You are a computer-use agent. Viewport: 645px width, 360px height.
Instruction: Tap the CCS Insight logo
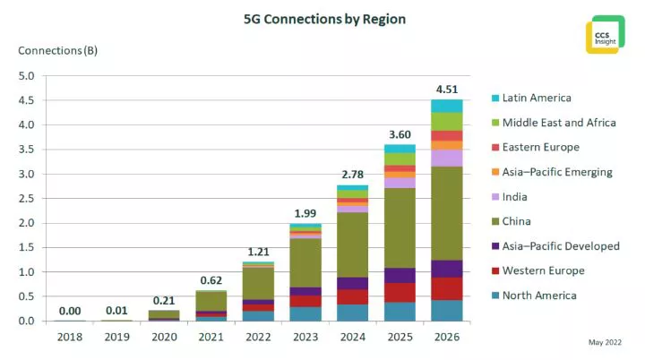click(605, 34)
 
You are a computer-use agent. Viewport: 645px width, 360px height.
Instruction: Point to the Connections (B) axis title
click(58, 50)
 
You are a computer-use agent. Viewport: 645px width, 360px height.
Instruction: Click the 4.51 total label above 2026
click(448, 88)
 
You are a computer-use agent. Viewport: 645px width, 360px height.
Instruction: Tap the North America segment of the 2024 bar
click(353, 313)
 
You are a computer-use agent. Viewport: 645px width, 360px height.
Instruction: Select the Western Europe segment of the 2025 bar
click(400, 292)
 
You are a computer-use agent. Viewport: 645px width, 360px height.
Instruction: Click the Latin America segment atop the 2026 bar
click(448, 106)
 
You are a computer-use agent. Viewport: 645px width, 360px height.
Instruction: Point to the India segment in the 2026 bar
click(448, 158)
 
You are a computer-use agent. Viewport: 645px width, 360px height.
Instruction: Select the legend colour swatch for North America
click(494, 295)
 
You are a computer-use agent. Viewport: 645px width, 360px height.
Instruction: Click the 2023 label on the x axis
click(305, 337)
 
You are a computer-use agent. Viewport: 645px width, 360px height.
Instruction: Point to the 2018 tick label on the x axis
click(71, 337)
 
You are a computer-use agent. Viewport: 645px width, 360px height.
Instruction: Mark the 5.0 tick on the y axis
click(27, 76)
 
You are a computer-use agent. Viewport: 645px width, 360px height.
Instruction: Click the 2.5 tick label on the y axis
click(27, 199)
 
